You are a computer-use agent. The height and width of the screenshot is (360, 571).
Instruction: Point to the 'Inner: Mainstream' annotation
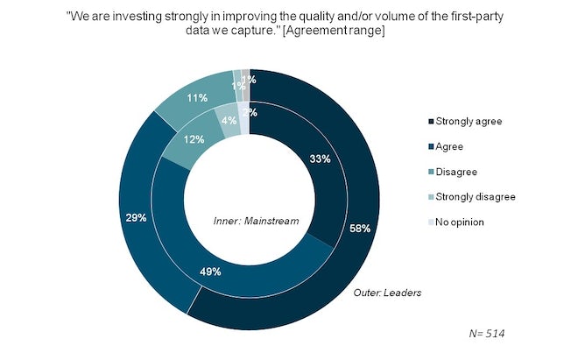(256, 221)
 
